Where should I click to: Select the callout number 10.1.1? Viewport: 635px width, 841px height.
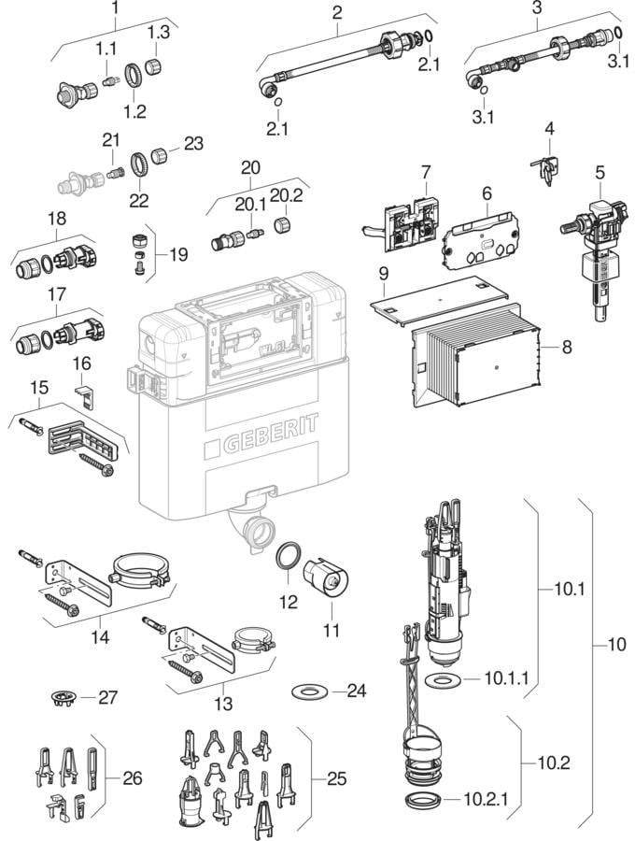pyautogui.click(x=507, y=677)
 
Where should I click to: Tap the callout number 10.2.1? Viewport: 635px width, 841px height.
pyautogui.click(x=487, y=800)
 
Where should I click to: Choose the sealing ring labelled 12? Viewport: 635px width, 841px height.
pyautogui.click(x=289, y=559)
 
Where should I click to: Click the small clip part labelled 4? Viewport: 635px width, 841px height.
pyautogui.click(x=548, y=169)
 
